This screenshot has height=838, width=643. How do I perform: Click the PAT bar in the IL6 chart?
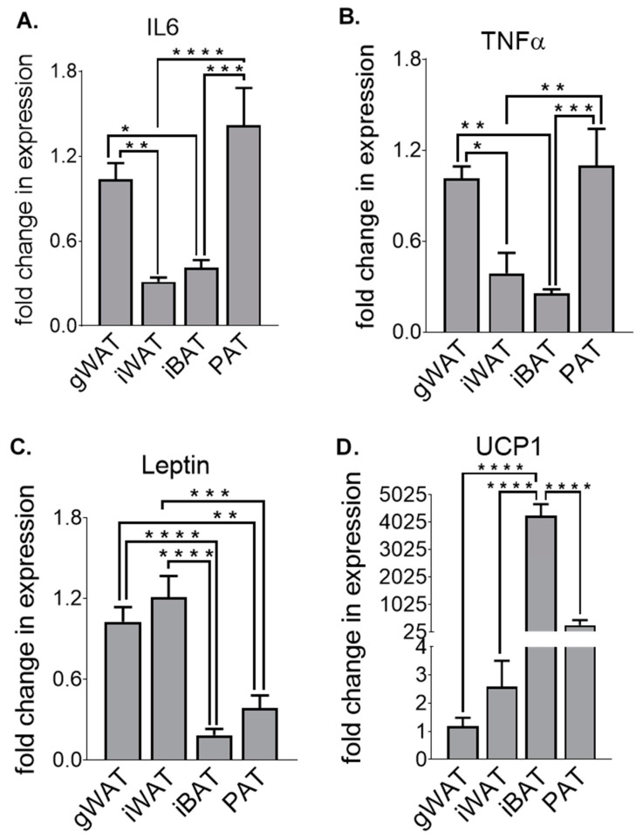point(245,226)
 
